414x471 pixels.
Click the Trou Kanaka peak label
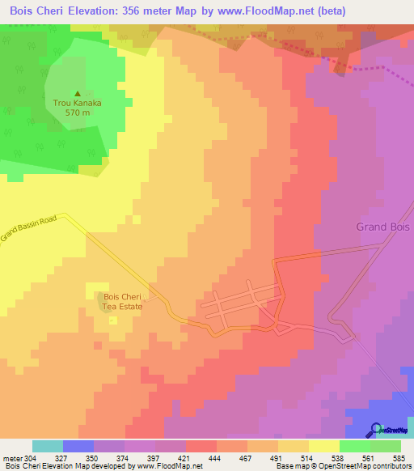(x=77, y=103)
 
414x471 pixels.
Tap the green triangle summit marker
(x=78, y=93)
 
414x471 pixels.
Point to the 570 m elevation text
(x=77, y=113)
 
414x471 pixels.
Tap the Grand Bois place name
(x=384, y=227)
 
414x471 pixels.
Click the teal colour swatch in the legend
(x=48, y=446)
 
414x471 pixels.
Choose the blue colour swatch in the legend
(x=78, y=446)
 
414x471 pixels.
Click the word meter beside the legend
(x=11, y=458)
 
